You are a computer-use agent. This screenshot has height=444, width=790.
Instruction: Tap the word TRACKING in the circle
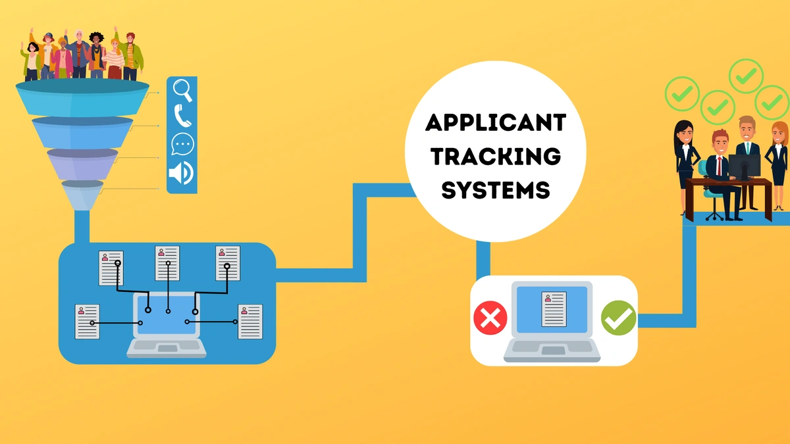pos(495,156)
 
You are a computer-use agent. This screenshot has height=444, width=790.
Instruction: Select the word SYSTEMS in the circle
pos(495,190)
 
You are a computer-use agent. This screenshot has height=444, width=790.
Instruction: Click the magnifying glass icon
pos(182,90)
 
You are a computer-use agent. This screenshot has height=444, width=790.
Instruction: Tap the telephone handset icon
pos(182,116)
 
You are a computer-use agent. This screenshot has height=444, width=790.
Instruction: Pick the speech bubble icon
pos(182,144)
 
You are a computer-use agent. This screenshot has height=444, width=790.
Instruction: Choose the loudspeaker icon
pos(181,172)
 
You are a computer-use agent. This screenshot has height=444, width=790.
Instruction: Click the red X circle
pos(490,319)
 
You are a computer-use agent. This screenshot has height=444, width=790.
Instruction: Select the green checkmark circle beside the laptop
pos(618,319)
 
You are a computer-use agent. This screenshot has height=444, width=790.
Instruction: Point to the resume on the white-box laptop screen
pos(554,309)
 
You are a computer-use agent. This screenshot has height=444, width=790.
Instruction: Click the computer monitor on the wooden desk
pos(744,164)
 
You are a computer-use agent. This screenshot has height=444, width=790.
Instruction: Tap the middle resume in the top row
pos(167,262)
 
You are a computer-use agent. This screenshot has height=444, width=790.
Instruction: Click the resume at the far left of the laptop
pos(88,321)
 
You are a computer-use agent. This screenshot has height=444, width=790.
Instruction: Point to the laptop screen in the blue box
pos(168,314)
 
